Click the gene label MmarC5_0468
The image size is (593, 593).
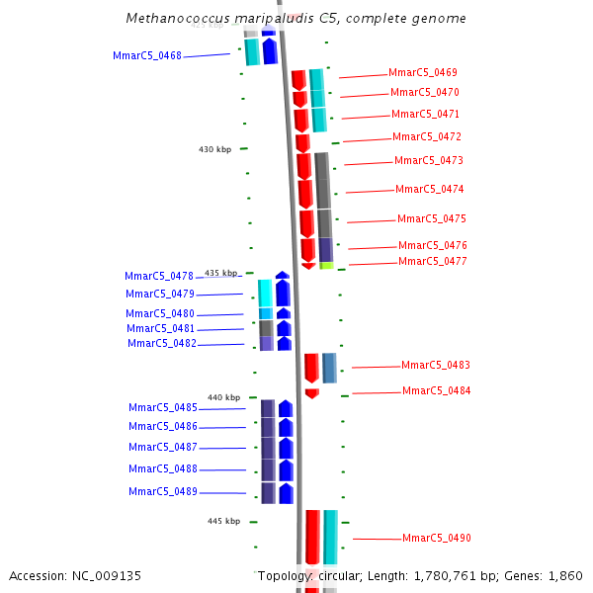click(x=147, y=56)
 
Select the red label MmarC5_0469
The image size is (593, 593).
click(x=422, y=73)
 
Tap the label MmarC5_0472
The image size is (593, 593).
click(x=426, y=137)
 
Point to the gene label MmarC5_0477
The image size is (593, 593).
click(x=432, y=262)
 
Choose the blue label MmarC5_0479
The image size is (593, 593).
click(x=159, y=295)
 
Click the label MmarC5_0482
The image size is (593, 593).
click(x=161, y=344)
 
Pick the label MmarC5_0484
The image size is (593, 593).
click(x=436, y=391)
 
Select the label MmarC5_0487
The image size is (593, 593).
click(x=162, y=448)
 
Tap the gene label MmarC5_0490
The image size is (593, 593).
click(x=436, y=539)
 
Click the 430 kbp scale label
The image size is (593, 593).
click(x=214, y=149)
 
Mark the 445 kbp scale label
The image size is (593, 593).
click(x=223, y=521)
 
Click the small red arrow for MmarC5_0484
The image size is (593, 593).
click(x=312, y=393)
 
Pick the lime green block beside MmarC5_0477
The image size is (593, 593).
click(x=326, y=265)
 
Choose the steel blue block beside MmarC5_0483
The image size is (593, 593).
click(x=329, y=368)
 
